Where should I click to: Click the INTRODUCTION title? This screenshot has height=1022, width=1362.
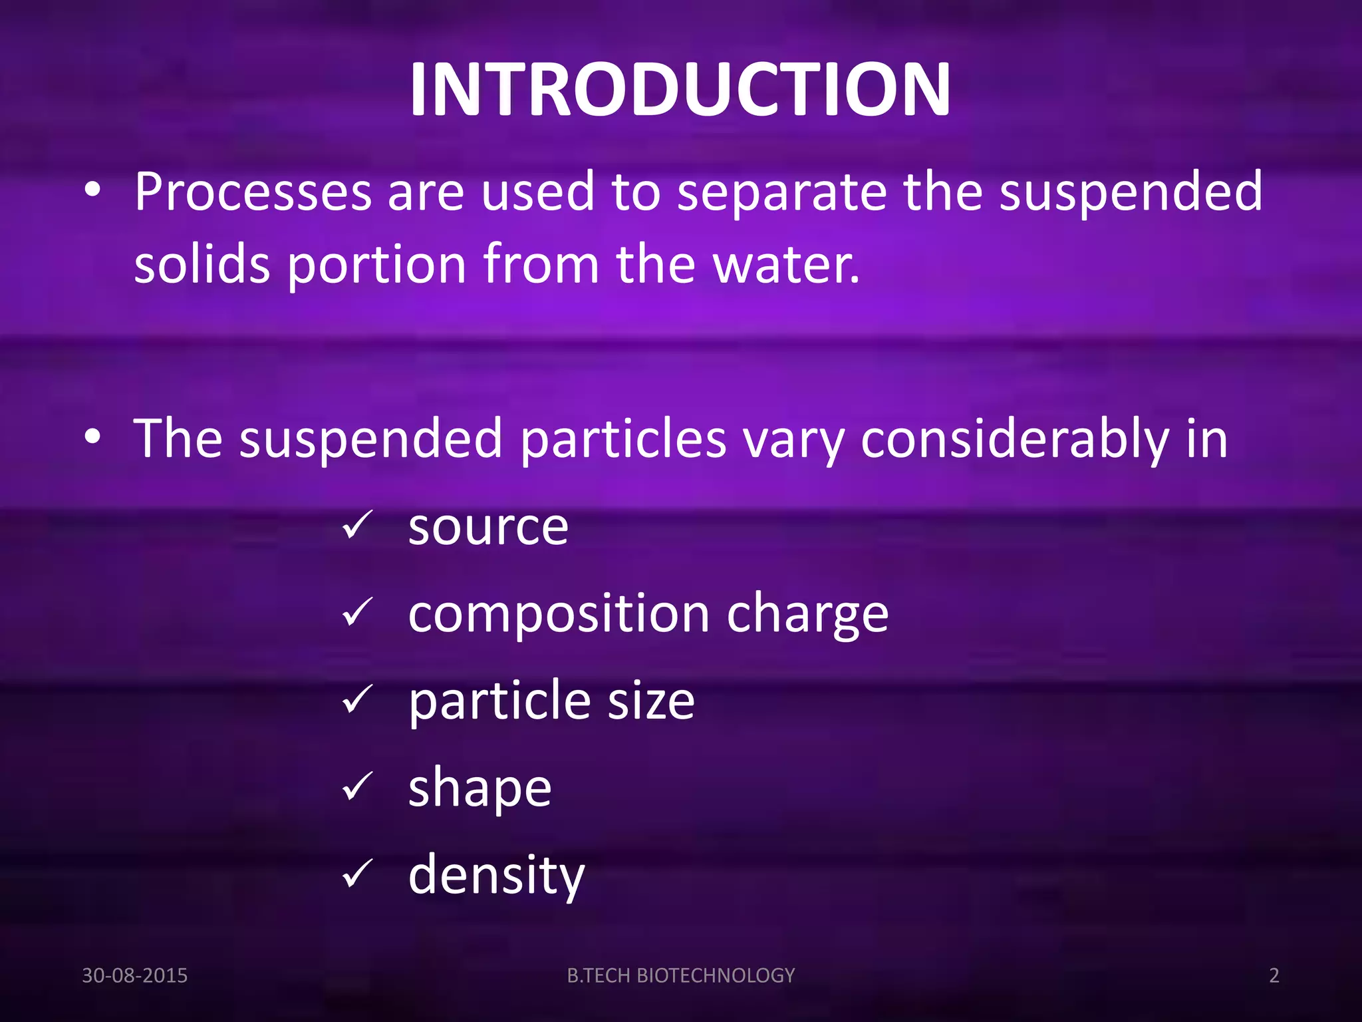[680, 90]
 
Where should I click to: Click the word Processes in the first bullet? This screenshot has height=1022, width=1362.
[253, 193]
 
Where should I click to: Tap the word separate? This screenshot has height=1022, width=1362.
[781, 193]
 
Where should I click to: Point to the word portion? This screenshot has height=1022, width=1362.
[376, 265]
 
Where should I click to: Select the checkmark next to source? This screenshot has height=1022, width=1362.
[359, 526]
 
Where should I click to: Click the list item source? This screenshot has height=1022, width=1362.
[488, 528]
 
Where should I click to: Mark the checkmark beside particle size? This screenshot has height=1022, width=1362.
[359, 699]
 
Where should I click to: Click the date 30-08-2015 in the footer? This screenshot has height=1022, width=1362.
[134, 975]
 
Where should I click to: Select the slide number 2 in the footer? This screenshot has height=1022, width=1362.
[1274, 975]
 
